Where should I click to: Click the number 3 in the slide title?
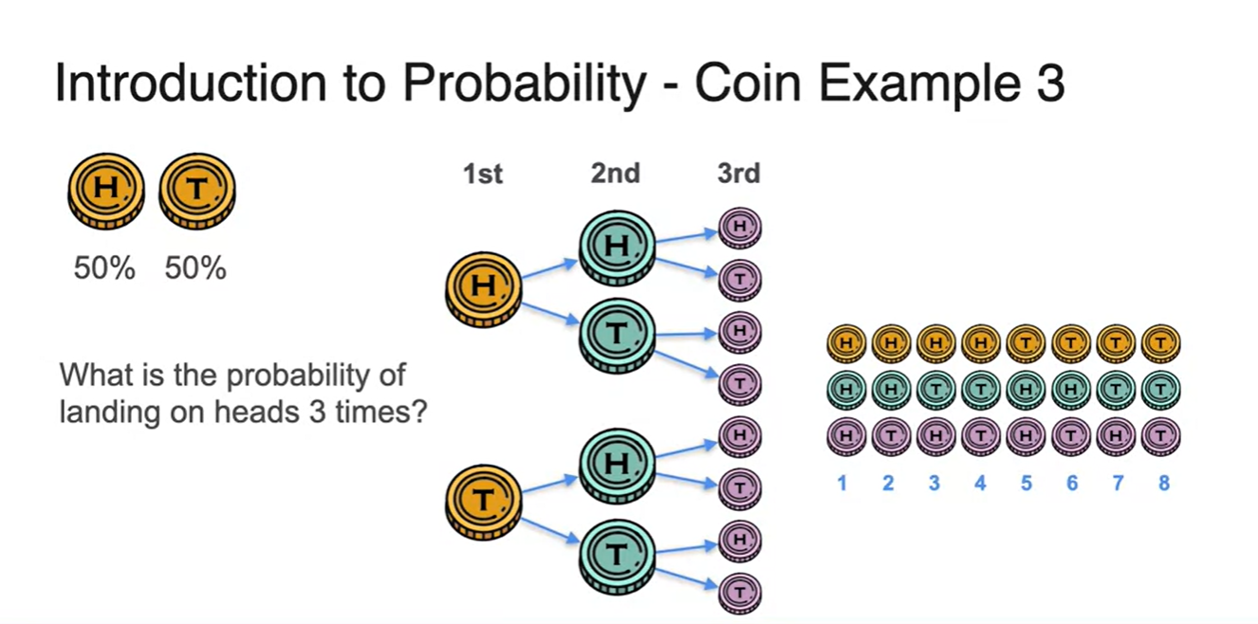(x=1047, y=83)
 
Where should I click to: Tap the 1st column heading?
(x=482, y=174)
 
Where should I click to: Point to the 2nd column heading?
(x=616, y=174)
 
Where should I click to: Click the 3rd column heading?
(x=739, y=174)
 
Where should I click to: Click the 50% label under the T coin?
(x=195, y=268)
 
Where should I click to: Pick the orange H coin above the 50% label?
(x=106, y=191)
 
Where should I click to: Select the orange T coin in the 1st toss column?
(x=484, y=502)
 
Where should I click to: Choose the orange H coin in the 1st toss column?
(x=484, y=289)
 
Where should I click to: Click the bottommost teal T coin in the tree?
(x=618, y=557)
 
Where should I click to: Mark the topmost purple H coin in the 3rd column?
(x=740, y=228)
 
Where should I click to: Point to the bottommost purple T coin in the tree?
(x=740, y=593)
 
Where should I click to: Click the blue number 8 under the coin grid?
(x=1164, y=483)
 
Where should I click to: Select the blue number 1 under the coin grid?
(x=842, y=483)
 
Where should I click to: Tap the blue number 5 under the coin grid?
(x=1027, y=483)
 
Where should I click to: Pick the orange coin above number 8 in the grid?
(x=1161, y=343)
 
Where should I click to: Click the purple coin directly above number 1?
(x=846, y=436)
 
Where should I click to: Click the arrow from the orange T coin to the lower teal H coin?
(x=550, y=485)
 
